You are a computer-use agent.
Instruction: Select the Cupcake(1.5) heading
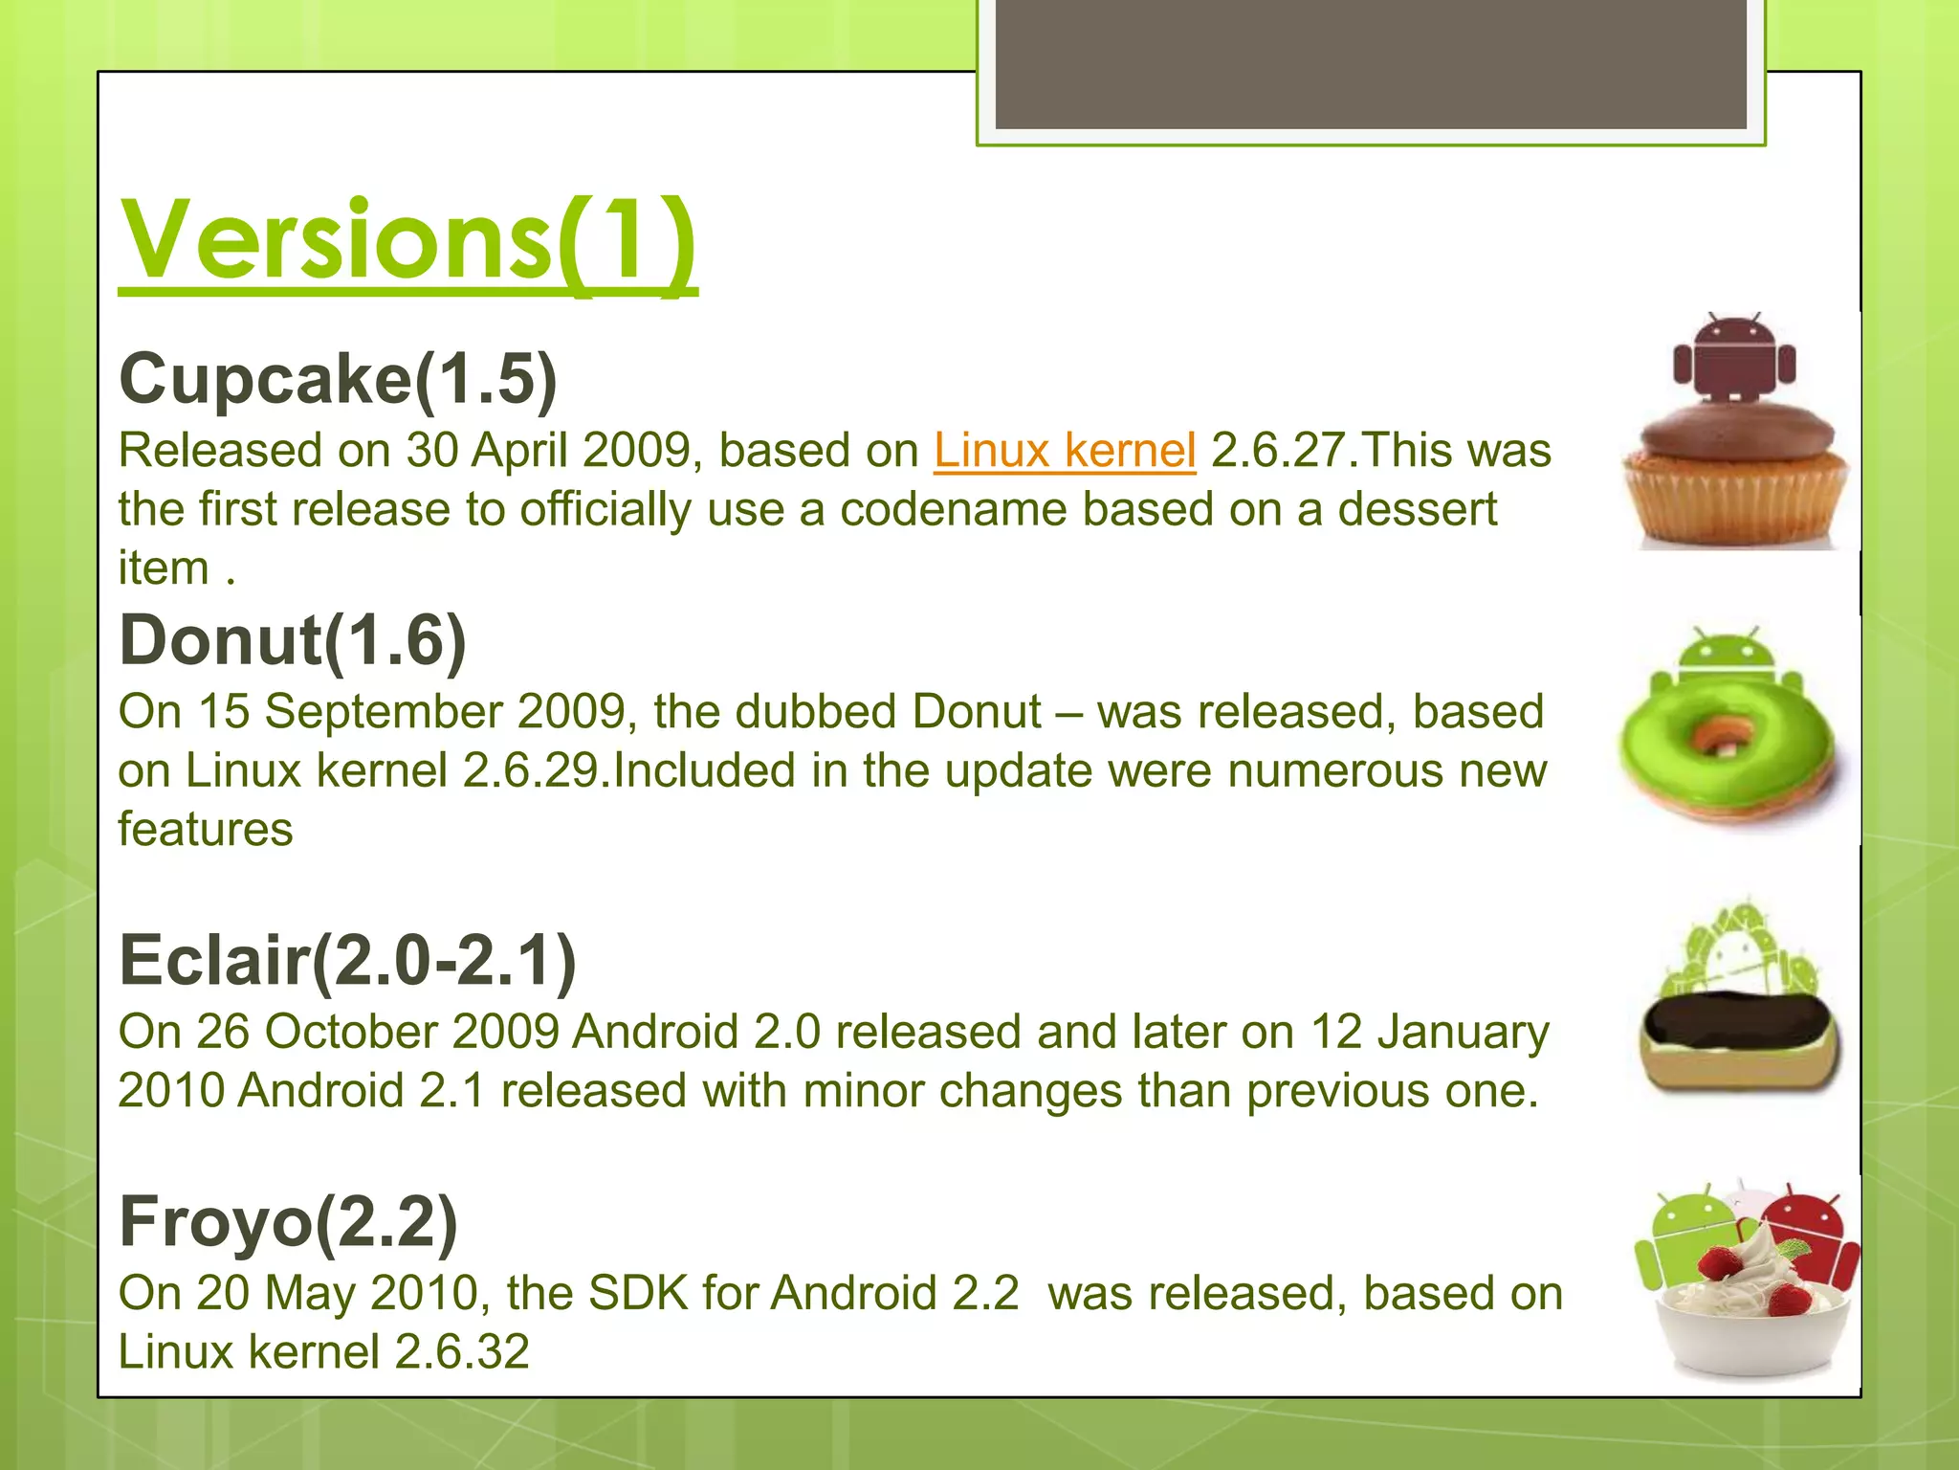tap(338, 379)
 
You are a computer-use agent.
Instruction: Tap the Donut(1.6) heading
tap(293, 640)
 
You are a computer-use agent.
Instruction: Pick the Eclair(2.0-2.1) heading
tap(347, 960)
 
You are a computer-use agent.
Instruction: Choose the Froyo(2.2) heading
tap(288, 1222)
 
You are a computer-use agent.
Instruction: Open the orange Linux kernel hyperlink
tap(1065, 450)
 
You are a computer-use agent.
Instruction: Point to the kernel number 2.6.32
tap(462, 1351)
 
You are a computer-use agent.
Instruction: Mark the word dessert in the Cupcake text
tap(1417, 509)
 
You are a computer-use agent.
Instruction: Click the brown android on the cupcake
tap(1733, 359)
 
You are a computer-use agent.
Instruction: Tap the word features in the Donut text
tap(206, 829)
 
